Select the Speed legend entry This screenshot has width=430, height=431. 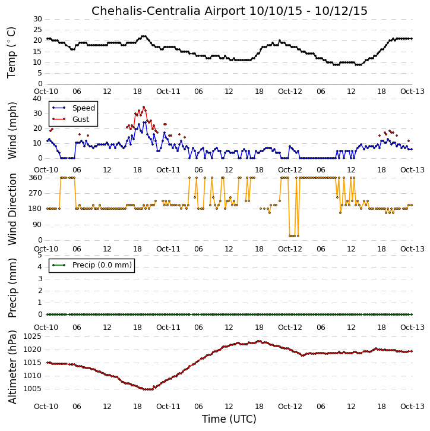[x=74, y=108]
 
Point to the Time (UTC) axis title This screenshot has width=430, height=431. [x=229, y=419]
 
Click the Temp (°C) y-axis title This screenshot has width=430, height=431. [x=11, y=53]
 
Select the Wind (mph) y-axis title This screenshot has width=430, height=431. [x=12, y=130]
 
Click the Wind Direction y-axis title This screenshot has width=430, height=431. [x=12, y=209]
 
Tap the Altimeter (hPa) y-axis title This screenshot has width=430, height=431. [x=12, y=367]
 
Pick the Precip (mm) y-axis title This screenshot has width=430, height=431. [x=12, y=288]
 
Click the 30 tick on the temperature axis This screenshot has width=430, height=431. [x=37, y=19]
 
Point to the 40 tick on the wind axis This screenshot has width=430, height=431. [x=37, y=99]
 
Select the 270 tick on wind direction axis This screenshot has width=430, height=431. [x=36, y=193]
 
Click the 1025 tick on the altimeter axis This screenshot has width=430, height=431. [x=33, y=336]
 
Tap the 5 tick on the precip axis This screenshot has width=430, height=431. [x=40, y=255]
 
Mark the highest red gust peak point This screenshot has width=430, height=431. [x=144, y=107]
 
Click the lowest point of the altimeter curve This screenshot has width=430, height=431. [x=148, y=389]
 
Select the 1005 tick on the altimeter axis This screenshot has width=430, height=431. [x=33, y=389]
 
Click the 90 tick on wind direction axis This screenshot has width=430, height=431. [x=37, y=225]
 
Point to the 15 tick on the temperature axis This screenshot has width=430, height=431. [x=37, y=51]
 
